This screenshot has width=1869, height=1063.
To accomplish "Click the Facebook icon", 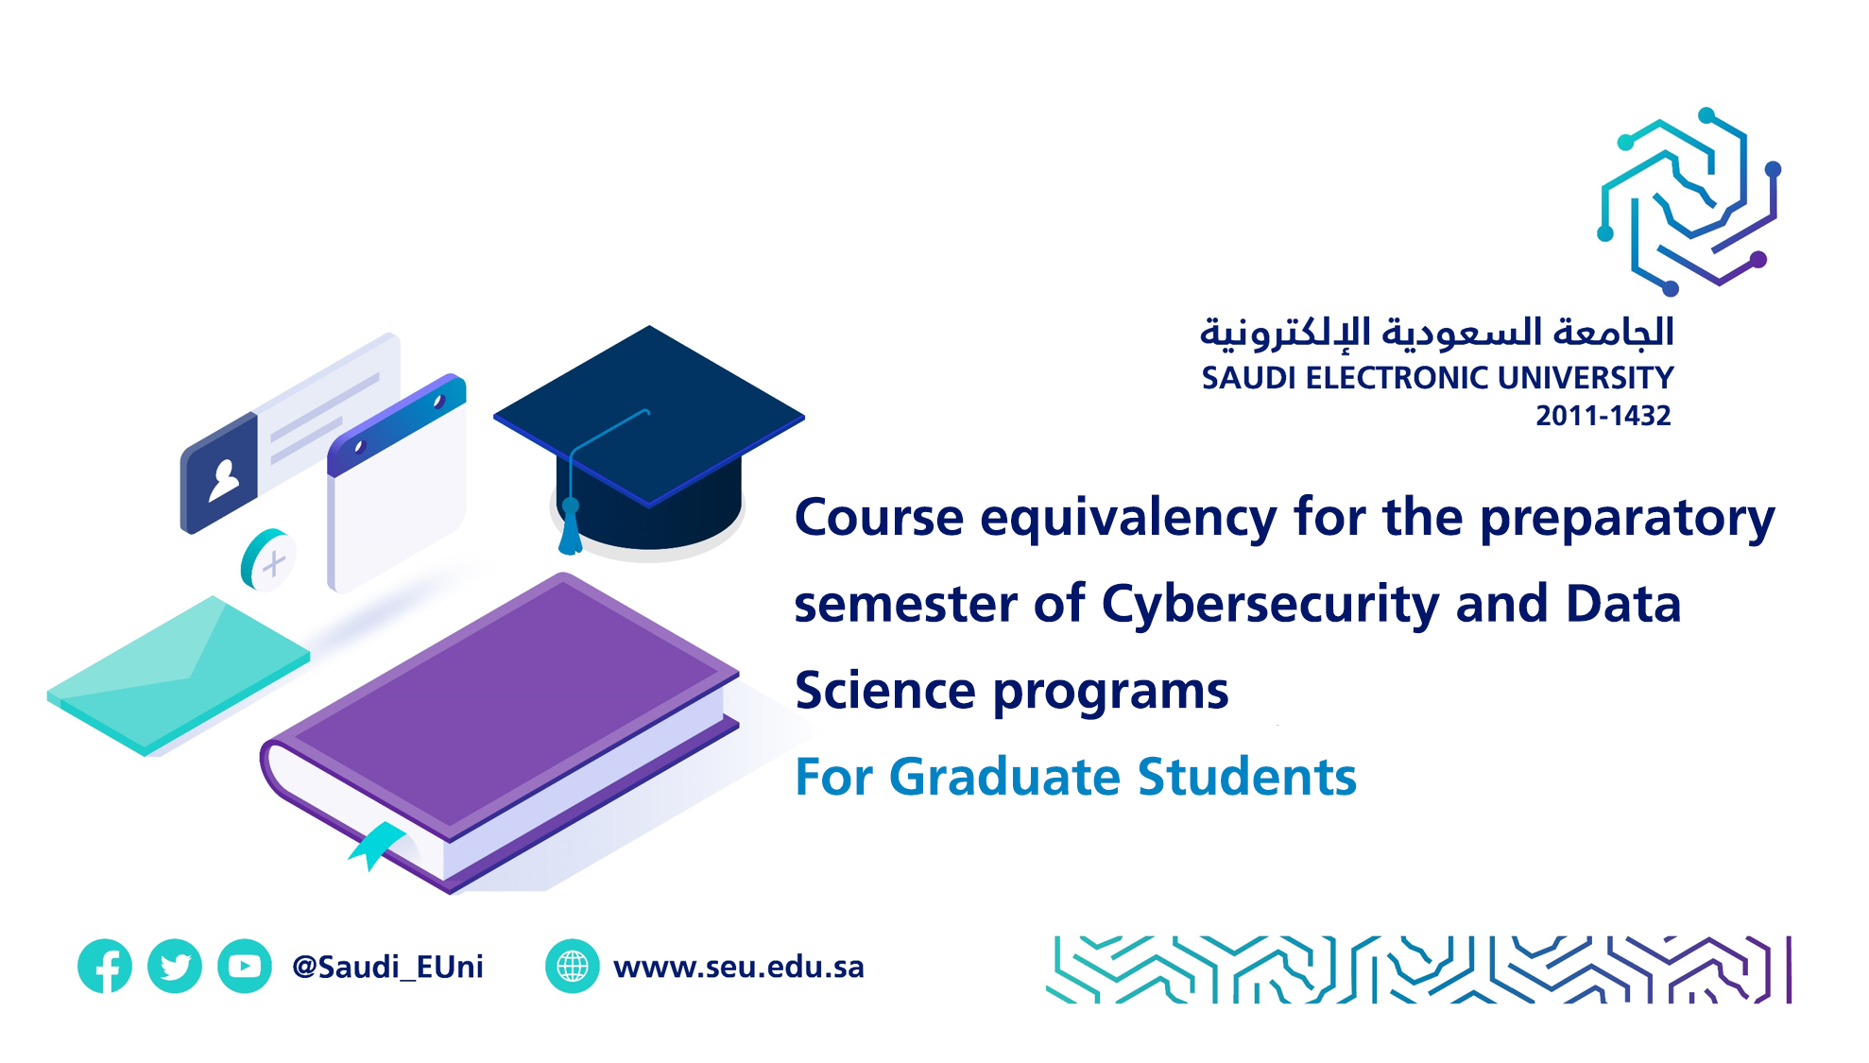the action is click(x=105, y=966).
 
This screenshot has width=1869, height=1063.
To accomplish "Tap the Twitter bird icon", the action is click(x=175, y=966).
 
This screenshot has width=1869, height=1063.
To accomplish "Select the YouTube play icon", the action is click(x=245, y=966).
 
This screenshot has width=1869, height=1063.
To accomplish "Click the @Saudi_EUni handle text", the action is click(x=387, y=967).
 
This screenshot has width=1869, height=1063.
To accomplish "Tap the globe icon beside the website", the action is click(x=573, y=966).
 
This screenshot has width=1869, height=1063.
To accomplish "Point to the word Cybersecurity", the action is click(x=1270, y=606).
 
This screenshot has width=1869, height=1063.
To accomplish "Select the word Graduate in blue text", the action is click(x=1006, y=777).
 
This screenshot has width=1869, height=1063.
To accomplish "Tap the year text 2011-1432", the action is click(x=1603, y=416).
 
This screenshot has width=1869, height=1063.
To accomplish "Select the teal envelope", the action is click(x=179, y=675).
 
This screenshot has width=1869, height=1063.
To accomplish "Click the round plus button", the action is click(x=268, y=560).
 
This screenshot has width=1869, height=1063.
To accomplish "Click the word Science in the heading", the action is click(x=885, y=691).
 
